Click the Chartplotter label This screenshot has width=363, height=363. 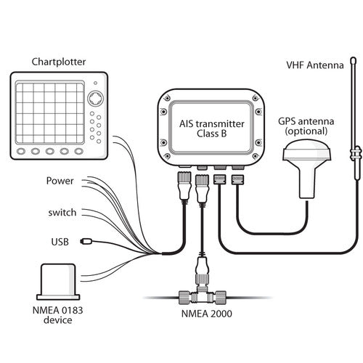[59, 62]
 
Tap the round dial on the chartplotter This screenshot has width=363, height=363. [95, 99]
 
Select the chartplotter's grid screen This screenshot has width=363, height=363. [50, 113]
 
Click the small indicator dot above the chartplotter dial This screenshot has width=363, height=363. [95, 83]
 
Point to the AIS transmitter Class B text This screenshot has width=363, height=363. [212, 129]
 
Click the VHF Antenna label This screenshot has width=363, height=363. [315, 65]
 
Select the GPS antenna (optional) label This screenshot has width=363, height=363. [306, 126]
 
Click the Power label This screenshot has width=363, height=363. [60, 181]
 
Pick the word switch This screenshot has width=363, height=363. [62, 213]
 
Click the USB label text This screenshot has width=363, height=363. [60, 242]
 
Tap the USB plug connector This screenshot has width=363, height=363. [86, 241]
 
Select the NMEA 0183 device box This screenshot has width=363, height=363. [58, 282]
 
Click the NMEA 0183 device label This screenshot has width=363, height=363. [58, 315]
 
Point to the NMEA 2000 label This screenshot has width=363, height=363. [207, 314]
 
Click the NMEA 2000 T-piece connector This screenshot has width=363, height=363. [203, 295]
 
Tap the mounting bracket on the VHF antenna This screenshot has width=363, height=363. [356, 154]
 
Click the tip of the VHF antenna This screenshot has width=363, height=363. [354, 58]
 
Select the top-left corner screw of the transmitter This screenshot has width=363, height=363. [166, 99]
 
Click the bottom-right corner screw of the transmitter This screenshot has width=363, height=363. [256, 156]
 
